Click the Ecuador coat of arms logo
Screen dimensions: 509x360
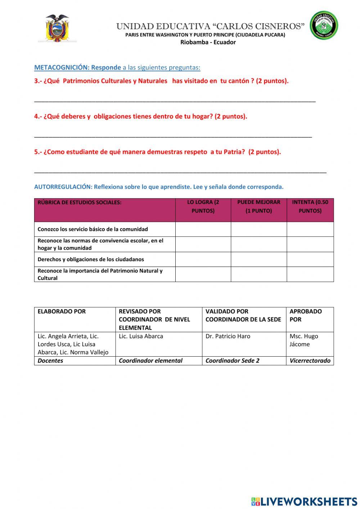click(x=57, y=28)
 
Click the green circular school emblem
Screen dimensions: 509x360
click(x=324, y=26)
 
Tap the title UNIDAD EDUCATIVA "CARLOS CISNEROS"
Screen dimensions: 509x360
click(x=210, y=26)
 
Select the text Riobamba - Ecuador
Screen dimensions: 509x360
click(x=208, y=42)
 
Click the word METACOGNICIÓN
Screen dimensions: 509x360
click(x=61, y=67)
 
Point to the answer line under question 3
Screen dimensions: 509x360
click(x=175, y=101)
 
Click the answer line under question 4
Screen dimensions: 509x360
click(x=173, y=137)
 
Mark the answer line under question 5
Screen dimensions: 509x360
click(x=180, y=172)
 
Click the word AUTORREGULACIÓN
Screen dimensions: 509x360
click(x=63, y=187)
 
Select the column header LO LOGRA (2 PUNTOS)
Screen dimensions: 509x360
click(x=203, y=206)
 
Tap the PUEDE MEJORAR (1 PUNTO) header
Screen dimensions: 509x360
click(x=258, y=206)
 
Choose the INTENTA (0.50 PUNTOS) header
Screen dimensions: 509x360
click(x=310, y=206)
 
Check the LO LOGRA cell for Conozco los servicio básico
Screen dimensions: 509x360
click(x=203, y=229)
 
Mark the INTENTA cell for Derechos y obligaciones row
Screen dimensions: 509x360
click(x=310, y=259)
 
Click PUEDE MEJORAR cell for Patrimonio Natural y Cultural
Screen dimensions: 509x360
click(x=258, y=274)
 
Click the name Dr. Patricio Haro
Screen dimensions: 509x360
click(x=228, y=336)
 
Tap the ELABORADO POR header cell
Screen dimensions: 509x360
click(x=62, y=311)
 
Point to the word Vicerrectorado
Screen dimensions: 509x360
click(x=310, y=361)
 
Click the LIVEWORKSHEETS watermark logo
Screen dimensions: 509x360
click(x=304, y=501)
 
